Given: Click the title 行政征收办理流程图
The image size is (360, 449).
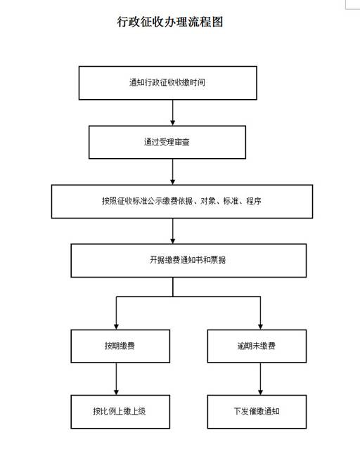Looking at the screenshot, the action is click(x=169, y=22).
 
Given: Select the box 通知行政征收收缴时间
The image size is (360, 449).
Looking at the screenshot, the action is click(x=167, y=83).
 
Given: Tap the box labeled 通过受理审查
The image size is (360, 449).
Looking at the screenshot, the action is click(x=167, y=142).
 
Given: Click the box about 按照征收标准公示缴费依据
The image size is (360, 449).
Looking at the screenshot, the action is click(x=182, y=201).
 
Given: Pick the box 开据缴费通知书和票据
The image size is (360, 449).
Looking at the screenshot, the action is click(x=188, y=261).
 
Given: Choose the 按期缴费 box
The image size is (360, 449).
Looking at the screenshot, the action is click(x=120, y=346).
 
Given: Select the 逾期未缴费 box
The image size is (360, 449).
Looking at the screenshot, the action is click(x=257, y=346).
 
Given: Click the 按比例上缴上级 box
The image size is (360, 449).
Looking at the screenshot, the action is click(x=120, y=412).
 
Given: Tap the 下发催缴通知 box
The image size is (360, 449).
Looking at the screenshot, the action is click(x=257, y=412).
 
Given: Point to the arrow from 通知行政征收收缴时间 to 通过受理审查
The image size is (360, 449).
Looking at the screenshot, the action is click(x=172, y=112).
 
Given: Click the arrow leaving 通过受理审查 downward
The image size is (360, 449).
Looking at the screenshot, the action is click(x=172, y=172).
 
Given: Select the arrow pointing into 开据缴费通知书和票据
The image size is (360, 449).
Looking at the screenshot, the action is click(x=172, y=231).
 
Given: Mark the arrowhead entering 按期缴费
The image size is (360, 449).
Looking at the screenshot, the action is click(x=116, y=327).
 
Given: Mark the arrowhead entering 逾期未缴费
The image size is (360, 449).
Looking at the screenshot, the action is click(x=260, y=327).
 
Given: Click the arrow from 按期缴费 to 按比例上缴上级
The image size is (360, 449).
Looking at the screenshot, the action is click(x=116, y=379).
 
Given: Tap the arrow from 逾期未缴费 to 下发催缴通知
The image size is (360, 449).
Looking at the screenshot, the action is click(x=260, y=379).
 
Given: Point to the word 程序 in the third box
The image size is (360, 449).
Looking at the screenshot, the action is click(x=254, y=201).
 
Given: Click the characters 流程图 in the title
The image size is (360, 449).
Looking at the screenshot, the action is click(x=205, y=22).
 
